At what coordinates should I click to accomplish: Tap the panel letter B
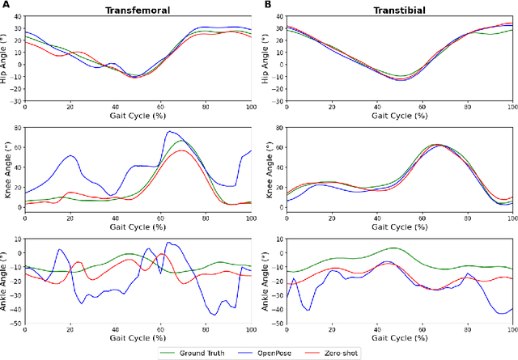(x=267, y=6)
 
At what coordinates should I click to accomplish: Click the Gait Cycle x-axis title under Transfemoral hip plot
(x=138, y=113)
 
